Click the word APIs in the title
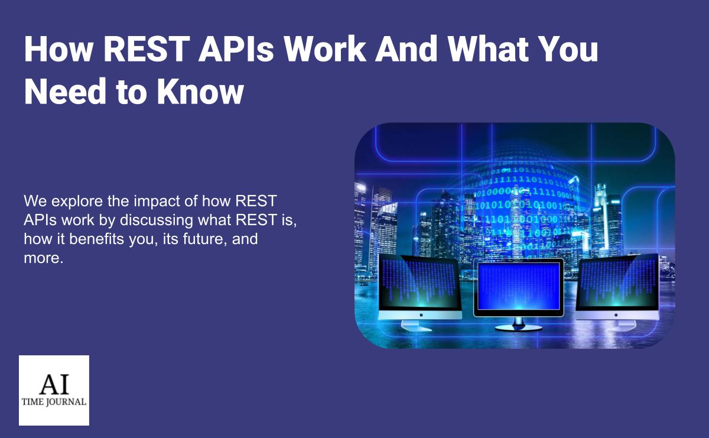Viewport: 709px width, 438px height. (x=236, y=49)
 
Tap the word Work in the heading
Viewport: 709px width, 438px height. (x=325, y=49)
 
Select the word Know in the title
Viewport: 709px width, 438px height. (x=201, y=92)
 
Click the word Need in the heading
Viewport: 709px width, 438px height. (x=65, y=92)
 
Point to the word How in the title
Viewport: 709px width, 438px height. (x=58, y=49)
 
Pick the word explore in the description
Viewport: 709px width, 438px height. (x=77, y=202)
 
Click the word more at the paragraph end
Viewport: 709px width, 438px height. (x=44, y=258)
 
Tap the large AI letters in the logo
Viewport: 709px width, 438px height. (x=54, y=384)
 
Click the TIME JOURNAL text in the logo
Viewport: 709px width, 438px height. (x=54, y=402)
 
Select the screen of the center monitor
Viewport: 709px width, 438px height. (x=519, y=286)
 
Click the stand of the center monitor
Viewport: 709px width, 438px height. (x=519, y=325)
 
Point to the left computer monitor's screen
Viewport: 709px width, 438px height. (x=419, y=283)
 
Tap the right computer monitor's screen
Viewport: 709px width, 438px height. (x=617, y=282)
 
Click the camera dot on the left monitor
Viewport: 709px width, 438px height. (x=421, y=315)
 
